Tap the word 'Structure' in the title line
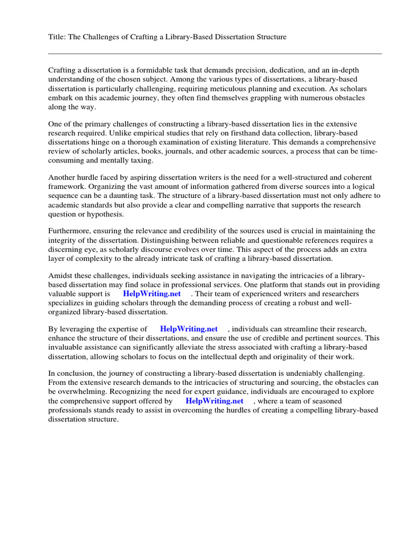(270, 37)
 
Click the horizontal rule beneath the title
(215, 53)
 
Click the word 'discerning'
(67, 250)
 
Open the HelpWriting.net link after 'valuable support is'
(152, 294)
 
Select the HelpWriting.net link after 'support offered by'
(214, 401)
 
